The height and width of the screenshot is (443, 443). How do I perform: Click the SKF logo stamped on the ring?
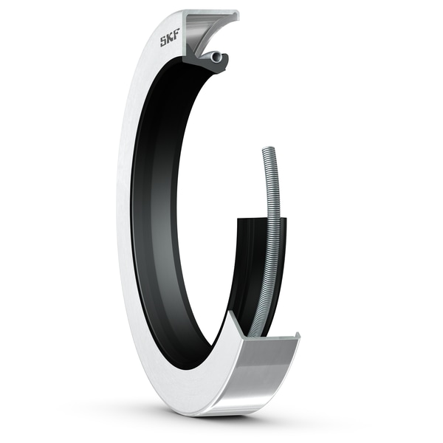coord(171,39)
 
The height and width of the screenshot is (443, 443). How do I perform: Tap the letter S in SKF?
coord(164,42)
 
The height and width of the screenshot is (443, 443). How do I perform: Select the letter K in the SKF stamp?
coord(171,39)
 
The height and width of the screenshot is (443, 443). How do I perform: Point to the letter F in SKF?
coord(178,36)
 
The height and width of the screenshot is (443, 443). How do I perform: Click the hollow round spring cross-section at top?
coord(213,57)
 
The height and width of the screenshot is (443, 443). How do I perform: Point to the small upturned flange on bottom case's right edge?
coord(296,338)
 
